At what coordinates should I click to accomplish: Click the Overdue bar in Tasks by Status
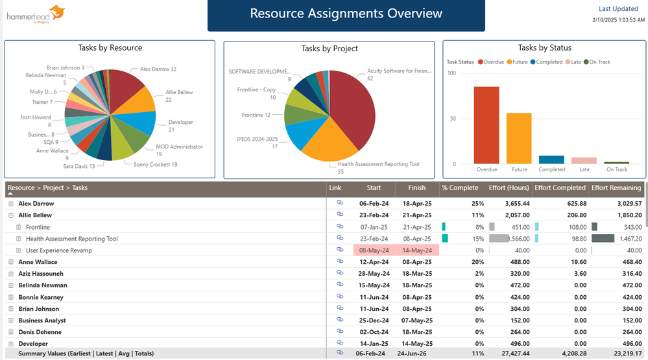point(486,125)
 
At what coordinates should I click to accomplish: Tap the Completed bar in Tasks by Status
point(551,160)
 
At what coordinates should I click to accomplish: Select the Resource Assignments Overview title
point(346,14)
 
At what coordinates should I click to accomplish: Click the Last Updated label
point(618,9)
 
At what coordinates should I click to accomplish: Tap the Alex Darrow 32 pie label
point(158,69)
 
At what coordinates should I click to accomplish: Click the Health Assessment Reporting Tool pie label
point(378,164)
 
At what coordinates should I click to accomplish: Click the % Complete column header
point(460,188)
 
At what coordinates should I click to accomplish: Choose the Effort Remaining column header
point(616,188)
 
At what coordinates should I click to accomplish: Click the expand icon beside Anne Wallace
point(11,262)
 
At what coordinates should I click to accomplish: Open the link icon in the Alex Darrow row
point(339,203)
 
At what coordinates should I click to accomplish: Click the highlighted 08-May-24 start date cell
point(374,250)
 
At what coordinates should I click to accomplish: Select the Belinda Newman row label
point(42,285)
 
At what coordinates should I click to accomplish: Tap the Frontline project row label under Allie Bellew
point(38,227)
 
